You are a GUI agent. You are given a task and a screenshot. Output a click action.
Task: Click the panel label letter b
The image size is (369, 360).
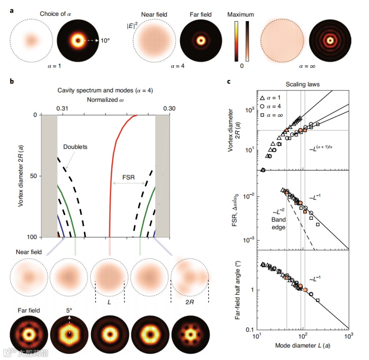coord(12,81)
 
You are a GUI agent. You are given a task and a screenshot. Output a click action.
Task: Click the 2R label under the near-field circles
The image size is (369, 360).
coord(190,302)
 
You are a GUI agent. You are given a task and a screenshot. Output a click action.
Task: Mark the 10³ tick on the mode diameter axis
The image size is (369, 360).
coord(348,337)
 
